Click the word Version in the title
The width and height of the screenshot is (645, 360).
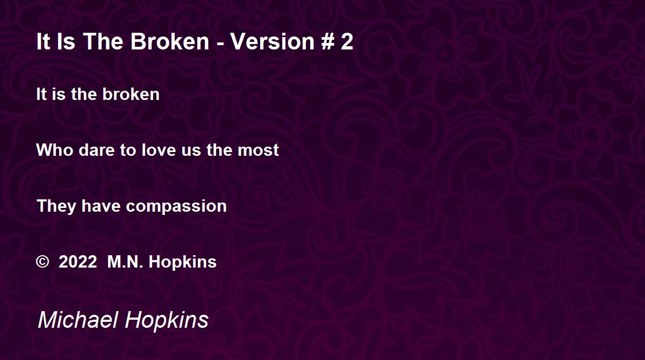pyautogui.click(x=272, y=41)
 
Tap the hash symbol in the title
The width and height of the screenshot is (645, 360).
pyautogui.click(x=327, y=41)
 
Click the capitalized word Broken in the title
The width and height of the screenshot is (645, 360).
pyautogui.click(x=170, y=41)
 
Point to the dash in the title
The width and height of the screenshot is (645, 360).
pyautogui.click(x=220, y=44)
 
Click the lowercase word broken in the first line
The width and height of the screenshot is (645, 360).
pyautogui.click(x=131, y=94)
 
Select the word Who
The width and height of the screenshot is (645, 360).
pyautogui.click(x=55, y=150)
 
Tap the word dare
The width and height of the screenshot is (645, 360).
pyautogui.click(x=96, y=150)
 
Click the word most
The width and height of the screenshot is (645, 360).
pyautogui.click(x=259, y=150)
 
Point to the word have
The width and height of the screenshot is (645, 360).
pyautogui.click(x=101, y=206)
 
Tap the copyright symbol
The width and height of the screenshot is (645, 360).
pyautogui.click(x=42, y=262)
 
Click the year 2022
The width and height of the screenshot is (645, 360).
pyautogui.click(x=78, y=262)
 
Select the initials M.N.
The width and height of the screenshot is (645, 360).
pyautogui.click(x=125, y=262)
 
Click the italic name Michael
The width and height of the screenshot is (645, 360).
pyautogui.click(x=78, y=319)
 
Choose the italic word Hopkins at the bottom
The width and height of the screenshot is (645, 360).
pyautogui.click(x=167, y=321)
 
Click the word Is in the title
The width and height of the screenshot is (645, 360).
pyautogui.click(x=66, y=41)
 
